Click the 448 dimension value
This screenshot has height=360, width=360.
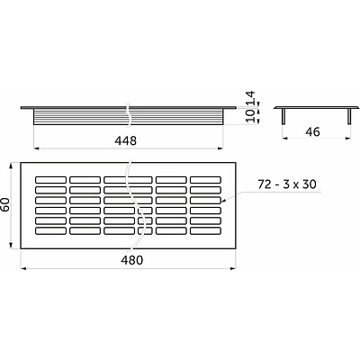click(125, 140)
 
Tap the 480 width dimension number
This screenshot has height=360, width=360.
click(132, 260)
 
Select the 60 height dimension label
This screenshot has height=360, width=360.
click(6, 204)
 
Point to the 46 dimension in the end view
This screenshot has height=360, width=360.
click(312, 131)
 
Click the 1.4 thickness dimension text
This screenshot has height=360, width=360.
click(250, 98)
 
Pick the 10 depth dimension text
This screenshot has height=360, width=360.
click(250, 115)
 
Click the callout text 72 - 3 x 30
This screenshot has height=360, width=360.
click(287, 184)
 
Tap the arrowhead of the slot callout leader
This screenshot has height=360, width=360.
click(222, 202)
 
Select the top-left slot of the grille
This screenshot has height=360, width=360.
click(50, 180)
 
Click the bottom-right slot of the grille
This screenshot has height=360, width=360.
click(206, 230)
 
